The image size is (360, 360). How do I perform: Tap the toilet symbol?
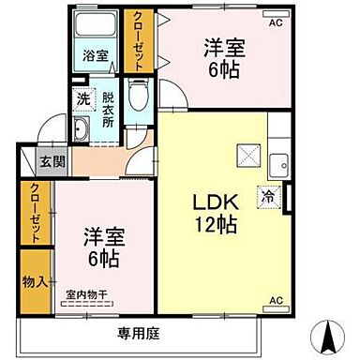pyautogui.click(x=137, y=93)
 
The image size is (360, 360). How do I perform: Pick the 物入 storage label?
pyautogui.click(x=36, y=280)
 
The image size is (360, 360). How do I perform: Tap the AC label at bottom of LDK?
pyautogui.click(x=276, y=299)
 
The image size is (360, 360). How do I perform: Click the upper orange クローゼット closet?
pyautogui.click(x=139, y=42)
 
